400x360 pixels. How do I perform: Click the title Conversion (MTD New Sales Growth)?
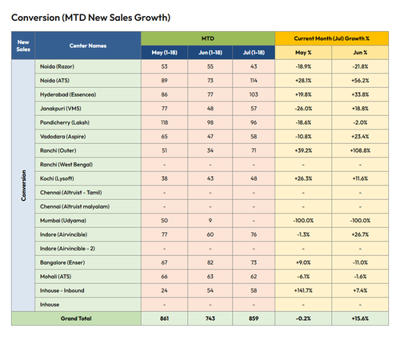[x=90, y=18]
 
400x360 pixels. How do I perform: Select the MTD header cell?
[x=208, y=38]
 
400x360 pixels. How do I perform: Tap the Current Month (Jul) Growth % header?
[x=331, y=38]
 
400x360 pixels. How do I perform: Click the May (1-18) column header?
[x=164, y=53]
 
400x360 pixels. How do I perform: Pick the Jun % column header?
[x=360, y=53]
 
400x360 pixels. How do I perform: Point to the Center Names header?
[x=88, y=46]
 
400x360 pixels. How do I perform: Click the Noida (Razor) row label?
[x=57, y=66]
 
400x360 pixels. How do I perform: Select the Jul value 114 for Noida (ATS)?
[x=254, y=81]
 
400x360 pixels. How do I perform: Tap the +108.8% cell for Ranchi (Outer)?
[x=360, y=150]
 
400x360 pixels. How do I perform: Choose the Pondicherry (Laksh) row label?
[x=65, y=122]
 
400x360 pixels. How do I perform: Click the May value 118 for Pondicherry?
[x=164, y=122]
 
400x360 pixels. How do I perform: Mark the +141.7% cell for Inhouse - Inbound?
[x=303, y=290]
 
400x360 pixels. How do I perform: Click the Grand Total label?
[x=76, y=318]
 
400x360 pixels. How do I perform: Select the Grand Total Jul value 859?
[x=254, y=318]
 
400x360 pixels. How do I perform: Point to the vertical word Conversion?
[x=23, y=186]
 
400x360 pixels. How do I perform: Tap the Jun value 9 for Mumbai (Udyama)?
[x=210, y=221]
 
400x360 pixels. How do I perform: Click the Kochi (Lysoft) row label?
[x=57, y=178]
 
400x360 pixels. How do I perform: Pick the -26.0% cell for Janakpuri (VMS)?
[x=303, y=109]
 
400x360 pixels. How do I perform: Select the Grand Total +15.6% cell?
[x=360, y=318]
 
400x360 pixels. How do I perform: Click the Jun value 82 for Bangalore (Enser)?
[x=210, y=262]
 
